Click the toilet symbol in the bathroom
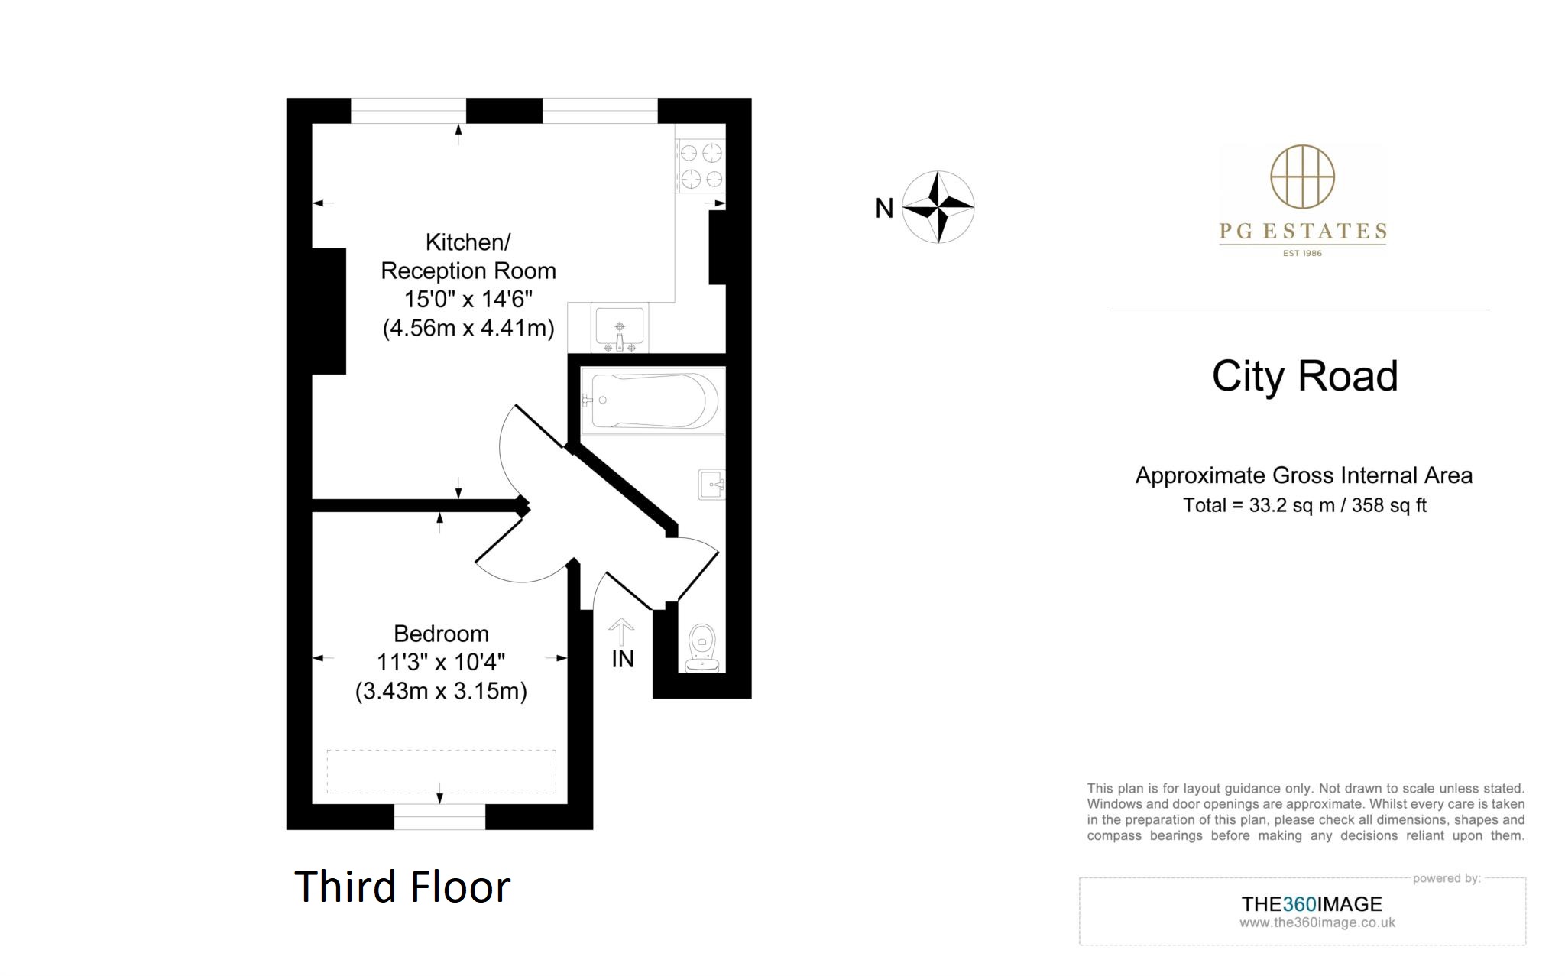pos(701,647)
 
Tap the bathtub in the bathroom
pos(653,400)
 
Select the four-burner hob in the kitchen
pos(701,165)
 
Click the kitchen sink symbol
pos(620,327)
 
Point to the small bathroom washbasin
pos(711,484)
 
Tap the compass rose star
pos(938,206)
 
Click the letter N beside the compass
pos(884,208)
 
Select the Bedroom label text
pos(441,634)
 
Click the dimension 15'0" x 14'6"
pos(468,299)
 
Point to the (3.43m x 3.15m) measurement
pos(441,691)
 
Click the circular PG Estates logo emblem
pos(1302,177)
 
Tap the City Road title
pos(1304,376)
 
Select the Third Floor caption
pos(402,887)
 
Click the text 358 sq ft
pos(1388,505)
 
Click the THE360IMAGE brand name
pos(1311,904)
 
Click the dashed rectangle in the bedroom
pos(441,770)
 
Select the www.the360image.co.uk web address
pos(1317,922)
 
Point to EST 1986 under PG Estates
pos(1302,253)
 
